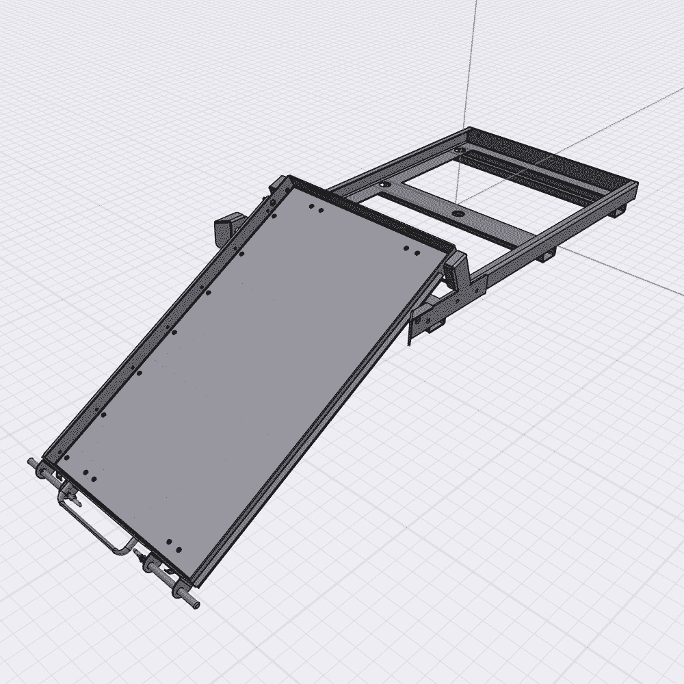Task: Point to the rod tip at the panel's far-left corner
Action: tap(32, 463)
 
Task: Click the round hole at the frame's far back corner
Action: tap(456, 148)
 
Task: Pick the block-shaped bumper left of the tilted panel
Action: tap(225, 228)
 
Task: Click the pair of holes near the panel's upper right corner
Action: tap(411, 251)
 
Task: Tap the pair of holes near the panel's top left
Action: tap(315, 209)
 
